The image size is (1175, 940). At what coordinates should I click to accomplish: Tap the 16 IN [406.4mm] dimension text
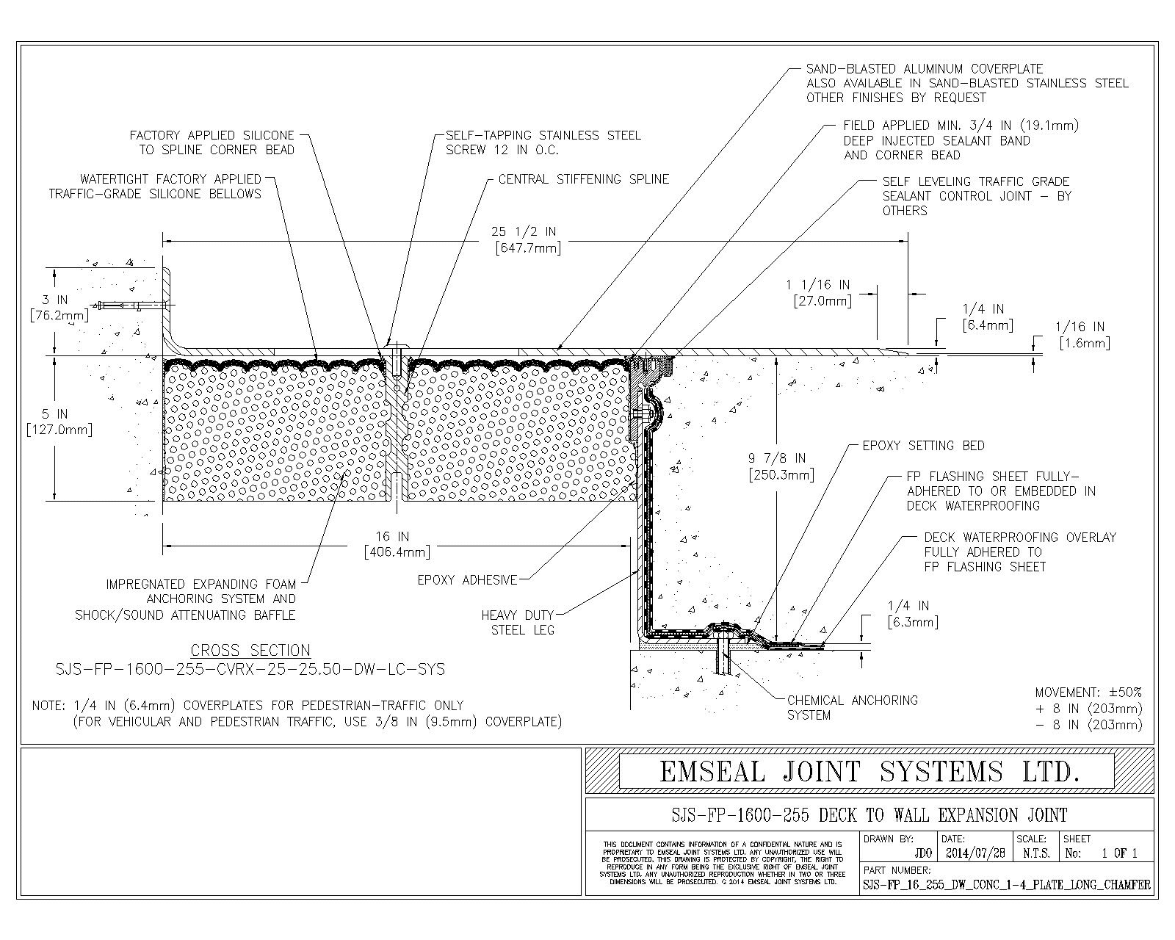click(x=397, y=544)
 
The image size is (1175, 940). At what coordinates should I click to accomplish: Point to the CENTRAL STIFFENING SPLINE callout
click(x=584, y=179)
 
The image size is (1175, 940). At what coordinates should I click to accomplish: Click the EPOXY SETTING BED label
click(x=923, y=446)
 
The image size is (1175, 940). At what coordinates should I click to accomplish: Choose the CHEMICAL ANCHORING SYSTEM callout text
click(x=853, y=707)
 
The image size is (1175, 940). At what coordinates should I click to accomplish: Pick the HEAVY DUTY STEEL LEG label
click(x=518, y=623)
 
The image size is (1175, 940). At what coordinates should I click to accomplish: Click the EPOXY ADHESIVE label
click(x=467, y=580)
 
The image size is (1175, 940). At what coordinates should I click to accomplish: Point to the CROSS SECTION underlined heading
click(x=250, y=650)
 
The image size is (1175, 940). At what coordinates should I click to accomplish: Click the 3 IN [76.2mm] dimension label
click(x=59, y=308)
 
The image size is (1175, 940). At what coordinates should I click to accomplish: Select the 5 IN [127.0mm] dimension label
click(x=59, y=422)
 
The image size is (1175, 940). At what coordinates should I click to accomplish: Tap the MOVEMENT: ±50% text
click(x=1088, y=693)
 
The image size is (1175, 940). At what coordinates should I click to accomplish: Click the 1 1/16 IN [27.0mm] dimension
click(x=822, y=293)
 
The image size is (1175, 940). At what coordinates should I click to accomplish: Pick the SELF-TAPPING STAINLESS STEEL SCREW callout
click(x=543, y=142)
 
